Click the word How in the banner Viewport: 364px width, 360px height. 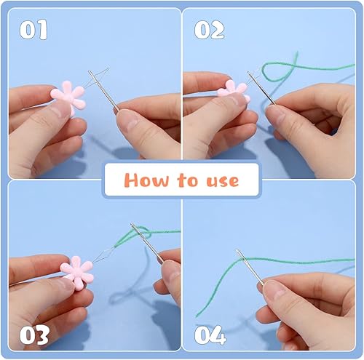tap(143, 179)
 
